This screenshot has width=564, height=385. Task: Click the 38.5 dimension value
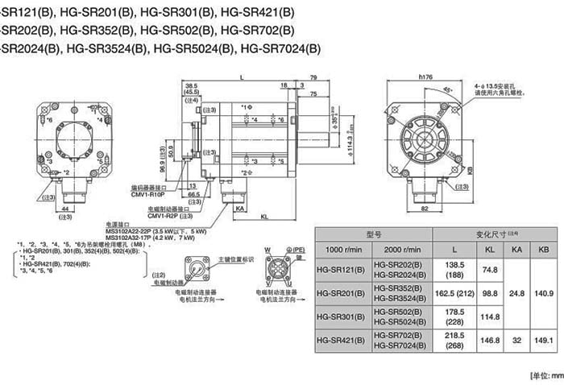pos(191,85)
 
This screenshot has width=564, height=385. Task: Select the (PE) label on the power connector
pos(297,250)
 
